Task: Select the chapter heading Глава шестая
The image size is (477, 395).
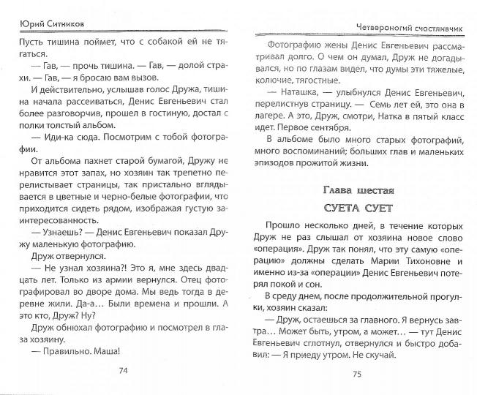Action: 358,190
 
